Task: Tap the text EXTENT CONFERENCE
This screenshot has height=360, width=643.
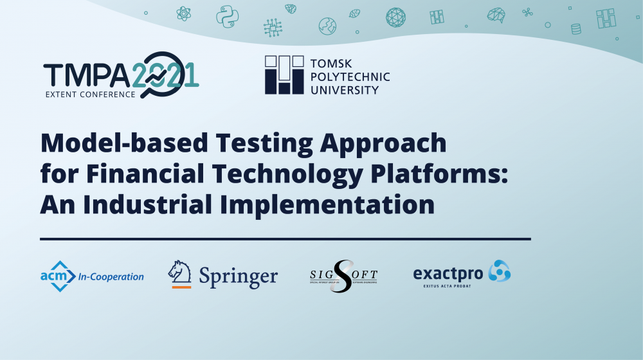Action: point(90,94)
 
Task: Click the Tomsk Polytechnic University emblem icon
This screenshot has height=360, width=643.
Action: point(284,75)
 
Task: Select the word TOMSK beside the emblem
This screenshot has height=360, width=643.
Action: point(331,64)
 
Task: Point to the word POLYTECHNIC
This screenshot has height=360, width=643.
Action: point(350,77)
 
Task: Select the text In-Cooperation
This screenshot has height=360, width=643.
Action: point(111,277)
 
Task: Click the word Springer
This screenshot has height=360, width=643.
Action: point(238,277)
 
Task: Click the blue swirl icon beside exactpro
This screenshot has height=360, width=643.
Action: point(499,272)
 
